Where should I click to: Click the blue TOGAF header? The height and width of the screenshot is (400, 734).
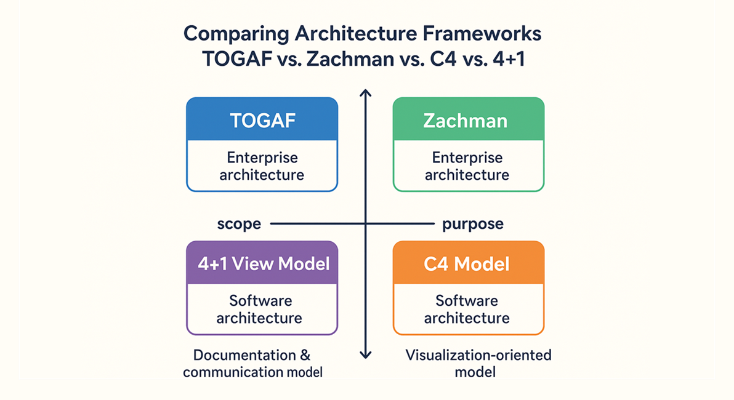pyautogui.click(x=262, y=120)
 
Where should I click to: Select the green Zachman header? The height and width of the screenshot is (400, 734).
pyautogui.click(x=468, y=120)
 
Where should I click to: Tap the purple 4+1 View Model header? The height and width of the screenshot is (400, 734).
pyautogui.click(x=262, y=263)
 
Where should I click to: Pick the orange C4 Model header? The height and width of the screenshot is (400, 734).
pyautogui.click(x=468, y=264)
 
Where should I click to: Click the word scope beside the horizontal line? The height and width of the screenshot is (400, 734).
pyautogui.click(x=239, y=225)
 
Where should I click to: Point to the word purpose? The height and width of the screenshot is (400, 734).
pyautogui.click(x=473, y=224)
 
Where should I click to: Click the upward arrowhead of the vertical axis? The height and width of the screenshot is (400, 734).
pyautogui.click(x=366, y=93)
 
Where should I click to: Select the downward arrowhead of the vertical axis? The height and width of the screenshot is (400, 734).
pyautogui.click(x=366, y=354)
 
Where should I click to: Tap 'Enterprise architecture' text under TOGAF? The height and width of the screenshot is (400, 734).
pyautogui.click(x=262, y=166)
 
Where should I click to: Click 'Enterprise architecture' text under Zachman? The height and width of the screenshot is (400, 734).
pyautogui.click(x=468, y=166)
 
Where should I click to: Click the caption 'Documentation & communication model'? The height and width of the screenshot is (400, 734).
pyautogui.click(x=252, y=364)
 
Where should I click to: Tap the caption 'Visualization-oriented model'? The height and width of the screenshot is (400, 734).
pyautogui.click(x=478, y=364)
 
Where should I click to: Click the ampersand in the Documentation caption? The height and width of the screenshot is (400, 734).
pyautogui.click(x=305, y=356)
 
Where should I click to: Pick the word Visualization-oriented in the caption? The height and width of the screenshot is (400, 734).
pyautogui.click(x=478, y=356)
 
